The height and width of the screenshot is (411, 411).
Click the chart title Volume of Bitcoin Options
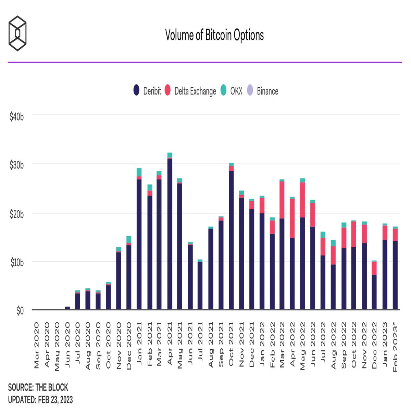214,35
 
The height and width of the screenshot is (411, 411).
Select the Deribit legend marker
137,90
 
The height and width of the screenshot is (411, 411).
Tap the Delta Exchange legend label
195,91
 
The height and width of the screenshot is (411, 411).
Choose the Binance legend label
267,91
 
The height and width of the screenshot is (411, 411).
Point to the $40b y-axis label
17,117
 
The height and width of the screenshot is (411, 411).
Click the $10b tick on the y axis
17,263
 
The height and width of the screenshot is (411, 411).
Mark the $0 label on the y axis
20,311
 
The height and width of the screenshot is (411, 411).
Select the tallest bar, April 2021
170,231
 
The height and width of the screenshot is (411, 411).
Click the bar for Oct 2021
231,236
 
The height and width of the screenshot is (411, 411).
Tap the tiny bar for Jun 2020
67,308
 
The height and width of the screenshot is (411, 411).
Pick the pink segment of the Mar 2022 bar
282,200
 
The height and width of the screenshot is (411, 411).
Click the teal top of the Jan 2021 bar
139,172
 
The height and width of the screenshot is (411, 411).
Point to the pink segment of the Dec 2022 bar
374,268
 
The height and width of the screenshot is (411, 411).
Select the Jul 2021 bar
200,285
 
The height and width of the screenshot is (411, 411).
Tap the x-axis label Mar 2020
36,346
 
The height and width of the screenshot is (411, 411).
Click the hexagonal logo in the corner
17,33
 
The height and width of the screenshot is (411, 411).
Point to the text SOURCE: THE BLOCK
38,387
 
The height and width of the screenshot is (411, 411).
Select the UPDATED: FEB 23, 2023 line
40,400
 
